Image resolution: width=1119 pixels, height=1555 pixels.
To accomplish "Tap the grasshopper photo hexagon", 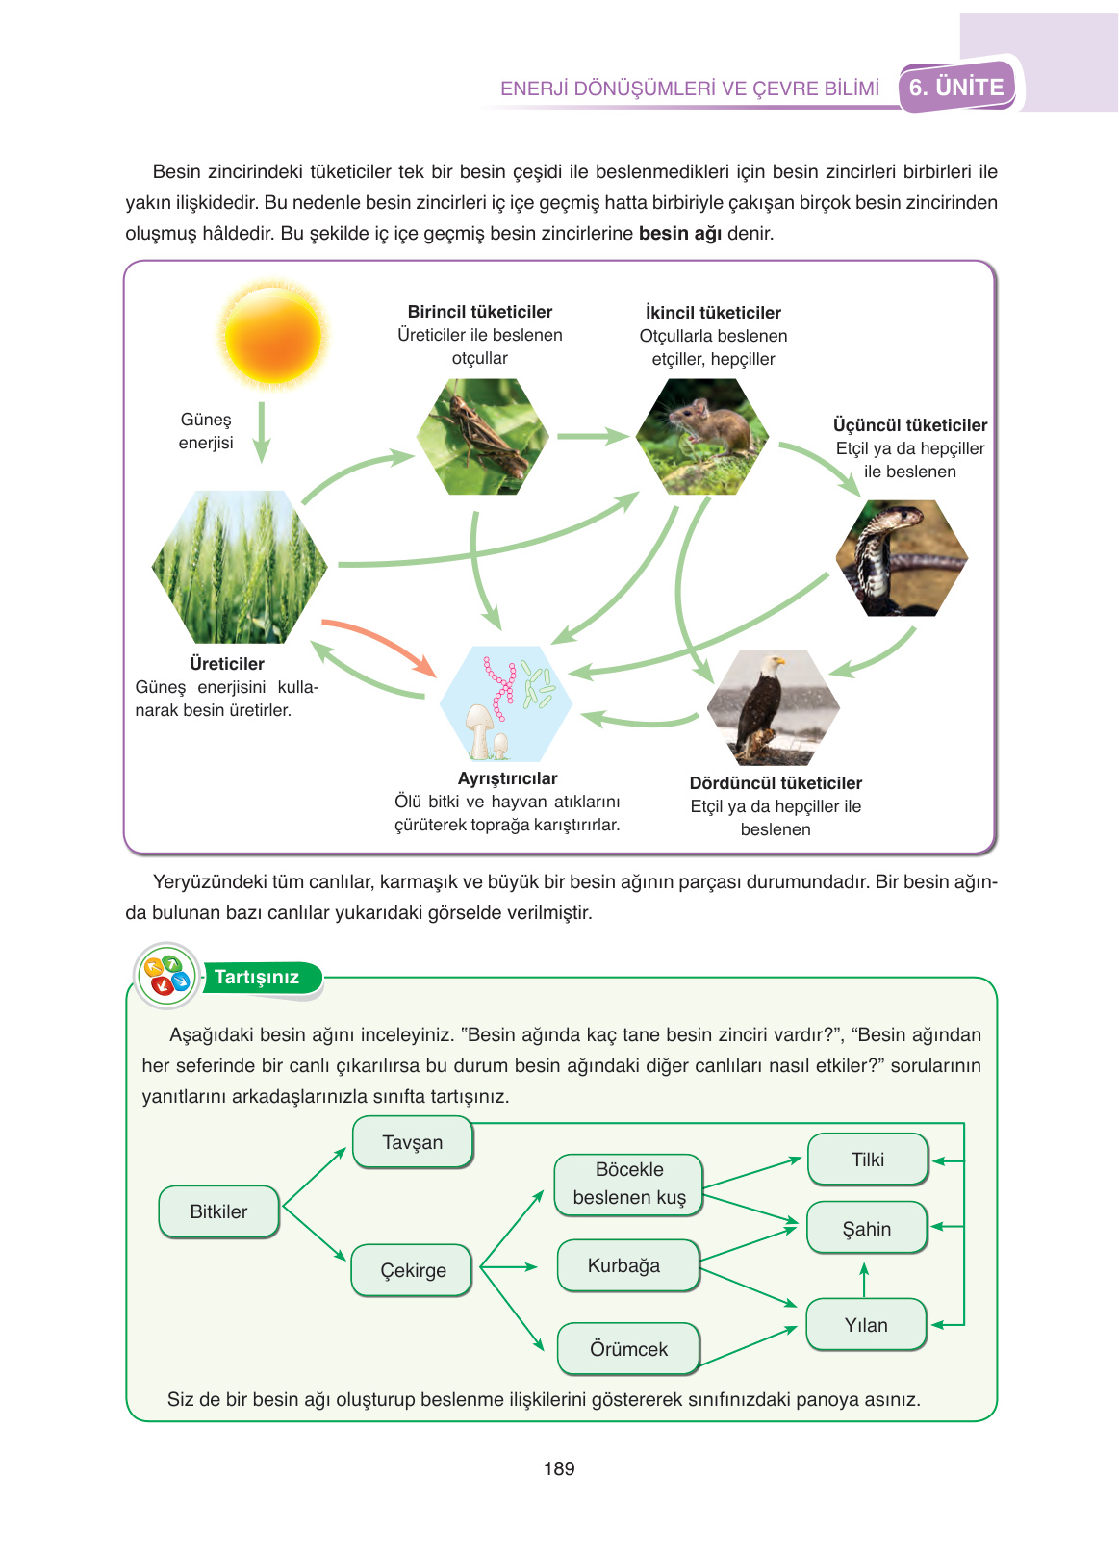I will (x=482, y=437).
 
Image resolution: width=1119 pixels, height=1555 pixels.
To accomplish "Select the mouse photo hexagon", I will (x=702, y=436).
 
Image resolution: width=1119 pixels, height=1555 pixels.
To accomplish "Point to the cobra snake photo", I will (x=901, y=558).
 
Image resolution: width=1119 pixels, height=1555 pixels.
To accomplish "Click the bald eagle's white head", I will (x=772, y=665).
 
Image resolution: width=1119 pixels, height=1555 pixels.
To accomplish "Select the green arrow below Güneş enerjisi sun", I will (x=261, y=432).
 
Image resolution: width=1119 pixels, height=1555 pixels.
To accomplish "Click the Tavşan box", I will (x=413, y=1142).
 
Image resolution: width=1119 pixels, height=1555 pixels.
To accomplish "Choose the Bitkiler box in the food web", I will (x=218, y=1211).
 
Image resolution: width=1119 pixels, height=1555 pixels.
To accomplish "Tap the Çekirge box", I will (x=413, y=1270).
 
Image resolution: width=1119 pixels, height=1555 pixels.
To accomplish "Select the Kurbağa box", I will (x=626, y=1265).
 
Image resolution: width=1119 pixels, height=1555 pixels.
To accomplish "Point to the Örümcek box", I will (x=628, y=1349).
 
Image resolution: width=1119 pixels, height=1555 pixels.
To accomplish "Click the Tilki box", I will (x=867, y=1160).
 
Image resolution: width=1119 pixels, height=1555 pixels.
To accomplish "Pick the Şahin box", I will (x=866, y=1228).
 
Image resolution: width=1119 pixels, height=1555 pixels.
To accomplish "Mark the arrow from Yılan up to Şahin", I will (x=864, y=1279).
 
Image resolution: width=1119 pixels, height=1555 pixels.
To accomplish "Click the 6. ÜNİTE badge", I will (x=957, y=88).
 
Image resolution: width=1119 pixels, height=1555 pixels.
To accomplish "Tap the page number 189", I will (x=559, y=1468).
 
